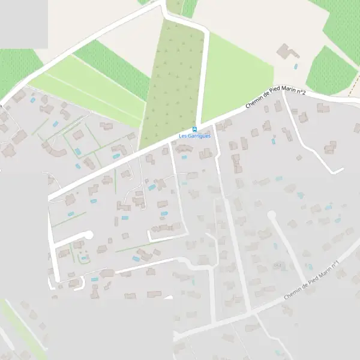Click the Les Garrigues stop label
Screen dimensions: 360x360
click(x=194, y=136)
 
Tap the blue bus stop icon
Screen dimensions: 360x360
click(x=194, y=129)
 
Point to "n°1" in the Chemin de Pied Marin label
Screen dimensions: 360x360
click(x=334, y=264)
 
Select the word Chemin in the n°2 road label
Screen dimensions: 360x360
click(x=256, y=103)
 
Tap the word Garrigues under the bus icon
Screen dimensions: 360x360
click(x=197, y=136)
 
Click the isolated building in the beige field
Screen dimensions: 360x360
click(x=286, y=51)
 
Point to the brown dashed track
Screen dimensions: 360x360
click(x=353, y=87)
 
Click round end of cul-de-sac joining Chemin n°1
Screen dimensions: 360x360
click(x=271, y=215)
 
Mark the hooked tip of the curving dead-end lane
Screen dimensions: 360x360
click(x=340, y=169)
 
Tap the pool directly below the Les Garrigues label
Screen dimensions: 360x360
click(x=184, y=157)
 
